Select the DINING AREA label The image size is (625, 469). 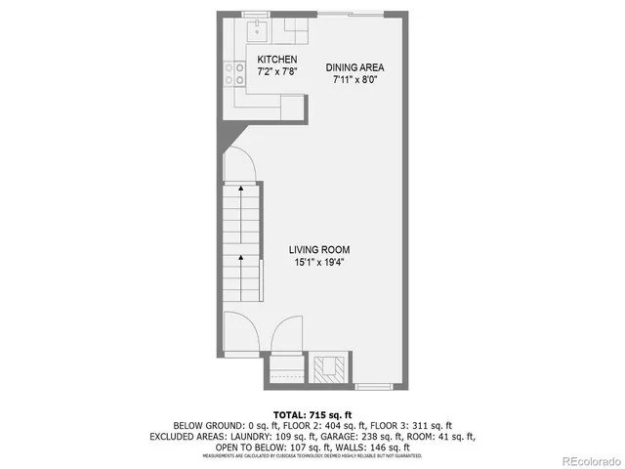pyautogui.click(x=355, y=67)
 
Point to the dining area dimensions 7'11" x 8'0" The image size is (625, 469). pyautogui.click(x=355, y=80)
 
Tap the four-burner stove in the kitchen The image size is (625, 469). pyautogui.click(x=235, y=73)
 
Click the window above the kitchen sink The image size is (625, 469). pyautogui.click(x=260, y=14)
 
